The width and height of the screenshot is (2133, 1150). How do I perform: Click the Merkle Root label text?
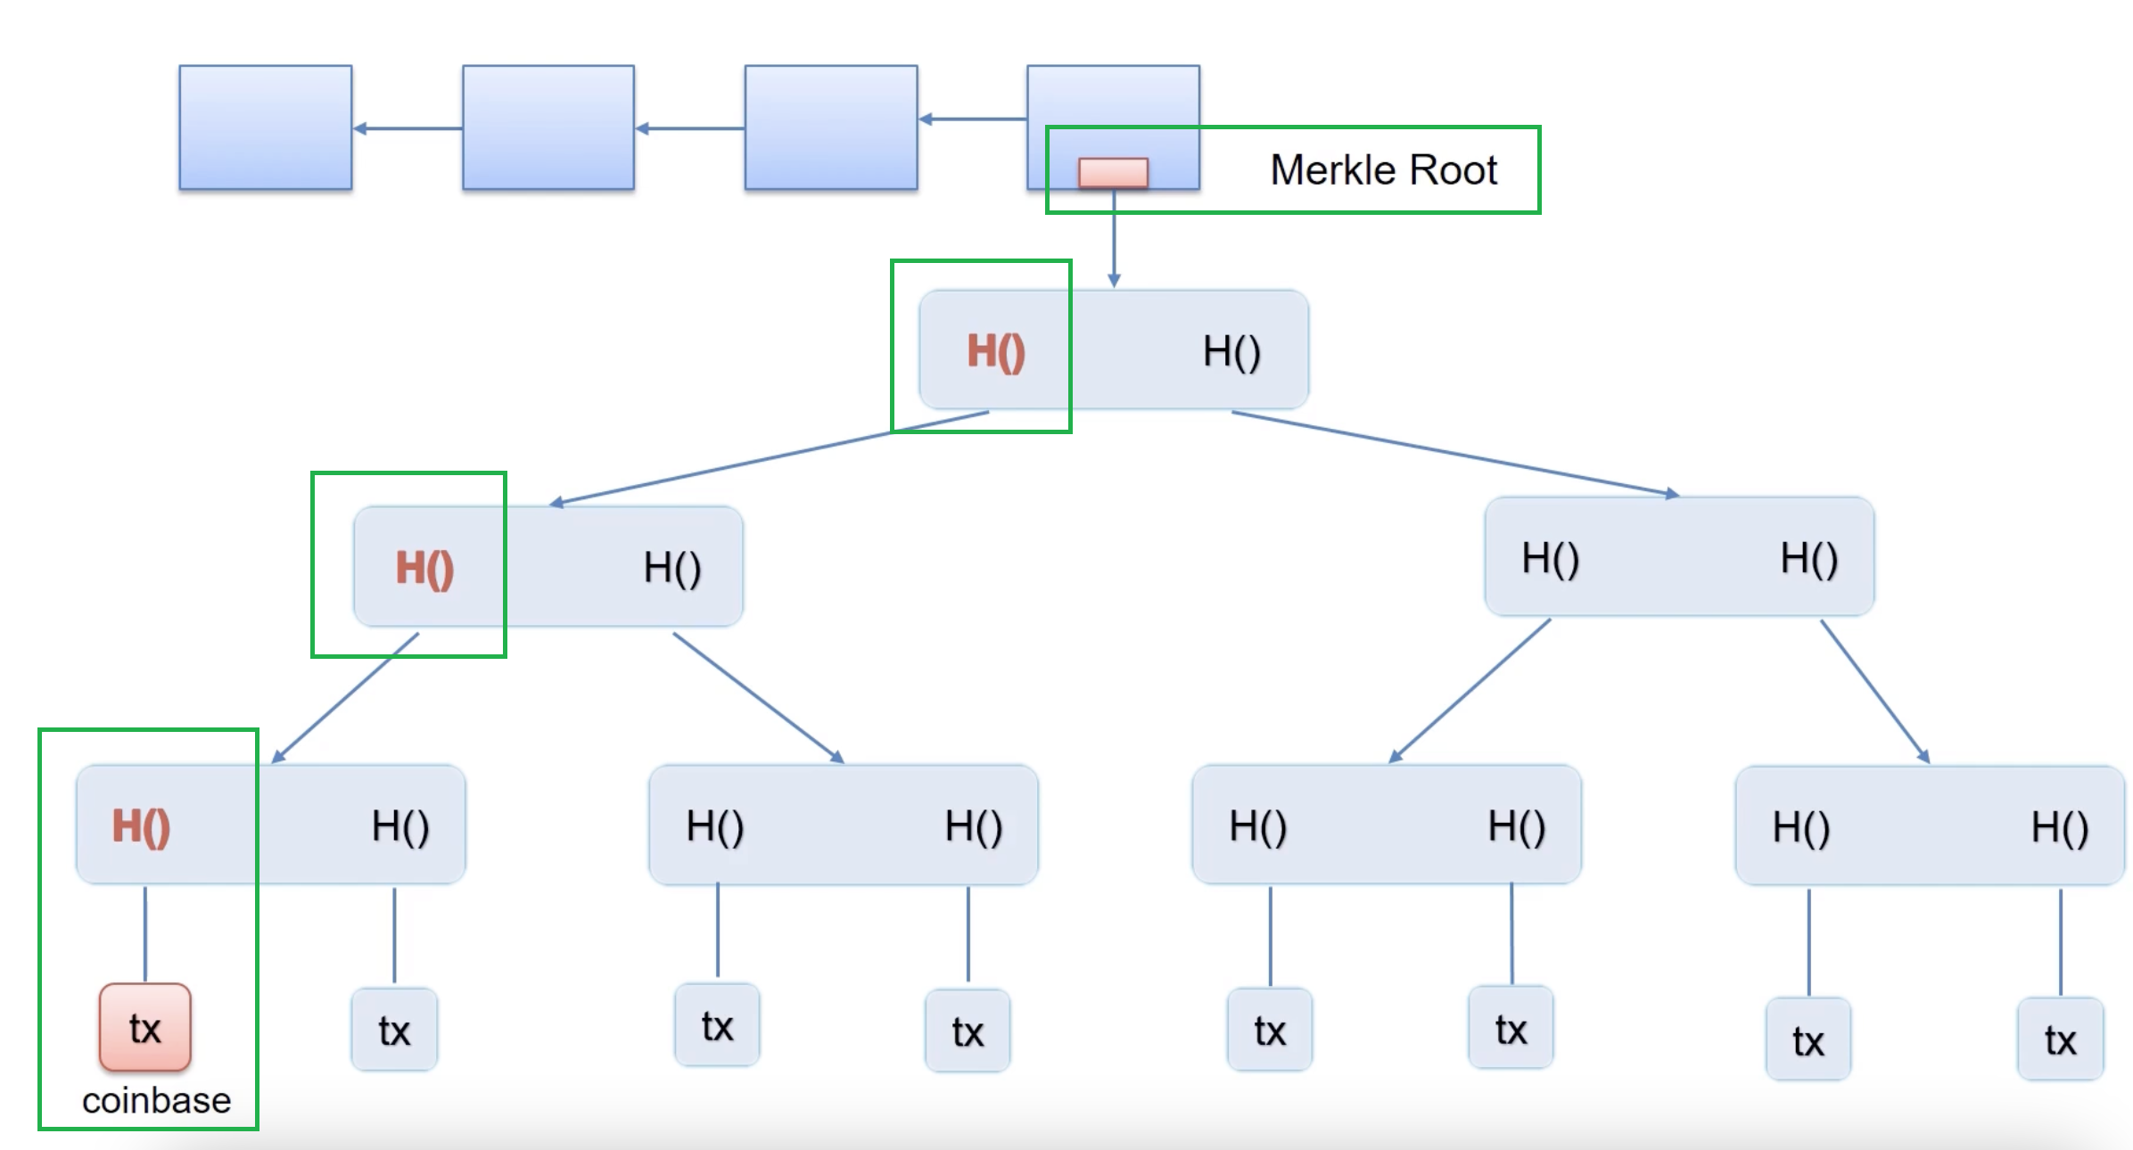click(x=1383, y=169)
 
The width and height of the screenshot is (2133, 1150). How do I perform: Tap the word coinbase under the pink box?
click(x=156, y=1101)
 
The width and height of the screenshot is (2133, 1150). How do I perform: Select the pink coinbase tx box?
click(x=144, y=1028)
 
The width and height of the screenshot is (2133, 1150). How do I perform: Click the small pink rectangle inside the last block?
click(x=1113, y=172)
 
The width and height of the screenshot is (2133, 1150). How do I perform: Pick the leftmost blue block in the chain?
click(x=265, y=127)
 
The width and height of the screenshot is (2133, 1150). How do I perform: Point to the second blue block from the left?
click(x=548, y=127)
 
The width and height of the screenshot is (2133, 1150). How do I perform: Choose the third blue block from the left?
click(x=830, y=127)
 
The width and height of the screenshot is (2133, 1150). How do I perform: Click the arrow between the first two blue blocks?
click(x=408, y=128)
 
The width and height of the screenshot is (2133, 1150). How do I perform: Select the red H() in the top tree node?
click(x=996, y=351)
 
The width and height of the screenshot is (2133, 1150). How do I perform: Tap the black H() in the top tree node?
click(x=1231, y=351)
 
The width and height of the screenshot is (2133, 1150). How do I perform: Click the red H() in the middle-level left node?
click(x=424, y=568)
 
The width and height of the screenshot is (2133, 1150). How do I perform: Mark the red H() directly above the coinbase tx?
click(x=141, y=826)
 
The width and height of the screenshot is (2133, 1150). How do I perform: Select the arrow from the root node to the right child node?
click(x=1454, y=452)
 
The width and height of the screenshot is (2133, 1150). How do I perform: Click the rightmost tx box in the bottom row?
click(x=2060, y=1039)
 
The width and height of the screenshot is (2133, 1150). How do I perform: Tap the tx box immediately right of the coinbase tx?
click(x=394, y=1031)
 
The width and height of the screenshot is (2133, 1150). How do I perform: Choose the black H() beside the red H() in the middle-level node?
click(x=672, y=568)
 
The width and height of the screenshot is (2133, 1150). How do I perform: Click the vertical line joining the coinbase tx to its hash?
click(x=145, y=934)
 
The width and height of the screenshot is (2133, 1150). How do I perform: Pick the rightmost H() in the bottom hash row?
click(x=2060, y=827)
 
